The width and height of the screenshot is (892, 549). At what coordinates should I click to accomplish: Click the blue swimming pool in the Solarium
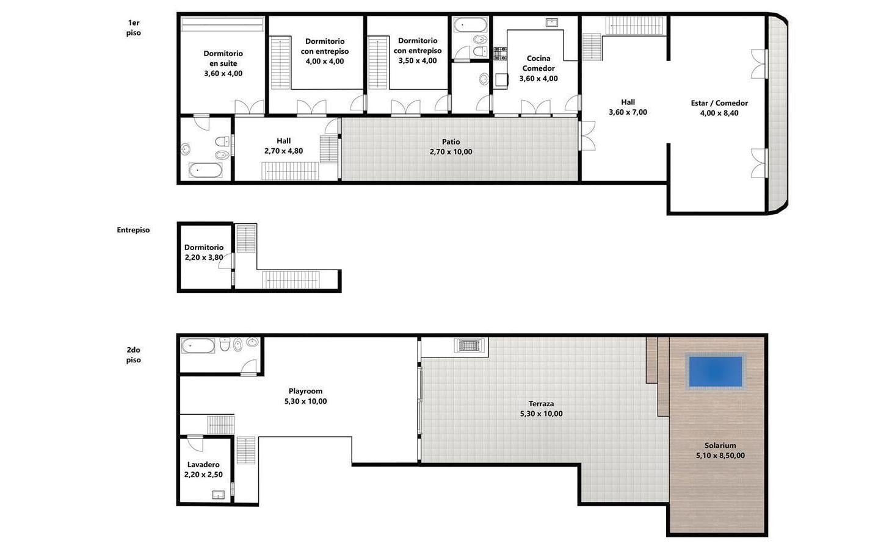pos(715,371)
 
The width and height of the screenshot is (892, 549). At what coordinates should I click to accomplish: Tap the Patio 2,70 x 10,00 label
pos(451,147)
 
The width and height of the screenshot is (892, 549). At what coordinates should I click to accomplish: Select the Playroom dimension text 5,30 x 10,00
pos(305,401)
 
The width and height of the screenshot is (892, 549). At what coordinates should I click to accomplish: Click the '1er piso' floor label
pos(133,28)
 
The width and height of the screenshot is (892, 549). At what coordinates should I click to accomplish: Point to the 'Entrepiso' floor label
pos(133,230)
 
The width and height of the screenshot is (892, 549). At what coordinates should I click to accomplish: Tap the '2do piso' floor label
pos(133,355)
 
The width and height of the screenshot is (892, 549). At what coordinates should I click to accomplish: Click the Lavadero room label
pos(203,464)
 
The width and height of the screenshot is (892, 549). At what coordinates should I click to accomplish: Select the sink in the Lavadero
pos(218,495)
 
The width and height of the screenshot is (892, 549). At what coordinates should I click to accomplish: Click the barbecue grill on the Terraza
pos(469,345)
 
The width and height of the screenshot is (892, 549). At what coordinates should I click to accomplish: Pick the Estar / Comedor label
pos(719,103)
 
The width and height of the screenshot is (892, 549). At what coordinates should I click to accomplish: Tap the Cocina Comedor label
pos(538,63)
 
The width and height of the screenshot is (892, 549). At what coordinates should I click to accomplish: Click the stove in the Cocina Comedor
pos(500,54)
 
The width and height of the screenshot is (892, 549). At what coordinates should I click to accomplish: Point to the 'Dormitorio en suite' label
pos(223,58)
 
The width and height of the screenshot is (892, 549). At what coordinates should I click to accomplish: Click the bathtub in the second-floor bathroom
pos(198,346)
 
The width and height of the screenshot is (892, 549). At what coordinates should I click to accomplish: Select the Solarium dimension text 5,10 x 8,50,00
pos(720,456)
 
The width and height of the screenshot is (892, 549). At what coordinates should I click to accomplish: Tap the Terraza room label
pos(541,404)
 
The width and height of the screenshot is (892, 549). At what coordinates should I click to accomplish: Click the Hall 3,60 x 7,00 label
pos(628,107)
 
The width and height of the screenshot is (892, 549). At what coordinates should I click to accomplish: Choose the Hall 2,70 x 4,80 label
pos(283,146)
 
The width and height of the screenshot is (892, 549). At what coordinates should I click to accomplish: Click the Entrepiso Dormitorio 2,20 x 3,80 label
pos(204,253)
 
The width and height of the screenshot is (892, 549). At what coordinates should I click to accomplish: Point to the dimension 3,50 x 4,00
pos(418,61)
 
